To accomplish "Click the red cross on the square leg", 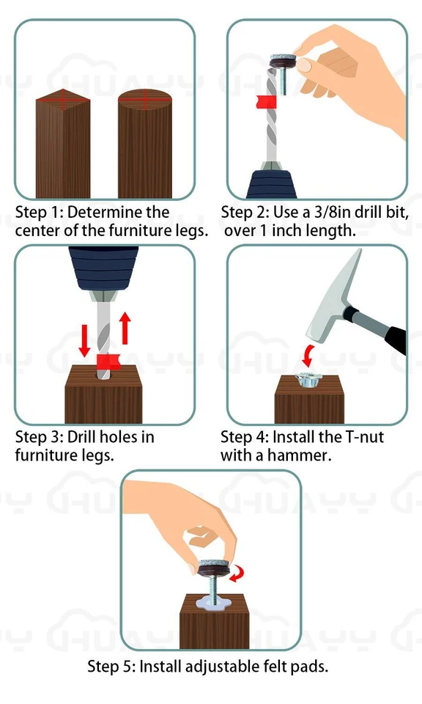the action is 63,100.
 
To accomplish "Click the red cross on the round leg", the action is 145,99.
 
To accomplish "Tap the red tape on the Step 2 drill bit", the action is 265,101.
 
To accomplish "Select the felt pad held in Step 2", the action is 283,61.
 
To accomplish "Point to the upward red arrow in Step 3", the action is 125,329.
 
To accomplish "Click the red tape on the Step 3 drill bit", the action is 108,361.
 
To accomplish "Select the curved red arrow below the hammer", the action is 308,355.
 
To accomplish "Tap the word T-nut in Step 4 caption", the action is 364,436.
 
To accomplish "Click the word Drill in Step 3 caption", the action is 81,436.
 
